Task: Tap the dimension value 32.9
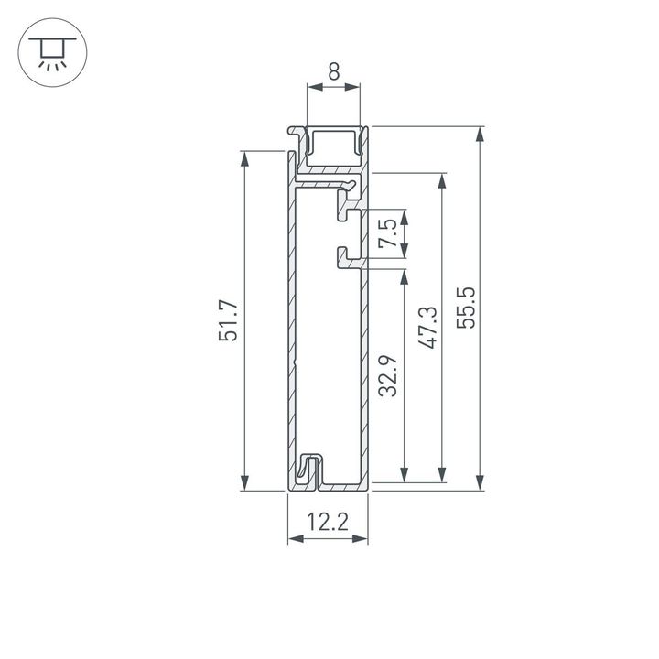click(390, 375)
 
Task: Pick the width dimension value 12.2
click(328, 523)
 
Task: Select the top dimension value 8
click(333, 71)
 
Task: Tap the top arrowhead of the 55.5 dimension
click(479, 133)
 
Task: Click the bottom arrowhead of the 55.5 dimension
click(479, 483)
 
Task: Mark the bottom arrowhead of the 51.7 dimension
click(244, 483)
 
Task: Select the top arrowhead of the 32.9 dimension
click(403, 275)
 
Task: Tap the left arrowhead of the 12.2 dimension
click(294, 538)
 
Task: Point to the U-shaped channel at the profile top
click(333, 146)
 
